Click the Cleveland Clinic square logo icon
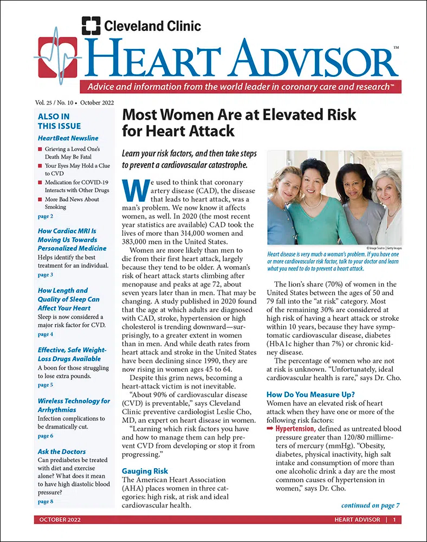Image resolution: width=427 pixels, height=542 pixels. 91,25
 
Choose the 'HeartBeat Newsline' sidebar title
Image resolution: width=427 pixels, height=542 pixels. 68,138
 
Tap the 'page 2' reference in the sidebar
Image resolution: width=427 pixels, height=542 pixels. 46,216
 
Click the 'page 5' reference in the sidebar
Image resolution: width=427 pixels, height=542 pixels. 46,385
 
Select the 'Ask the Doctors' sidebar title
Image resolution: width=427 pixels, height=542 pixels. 62,451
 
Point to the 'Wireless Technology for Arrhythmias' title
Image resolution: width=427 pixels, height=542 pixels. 74,405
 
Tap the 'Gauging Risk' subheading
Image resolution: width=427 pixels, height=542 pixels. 145,471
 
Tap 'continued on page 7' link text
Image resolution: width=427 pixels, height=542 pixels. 370,506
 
